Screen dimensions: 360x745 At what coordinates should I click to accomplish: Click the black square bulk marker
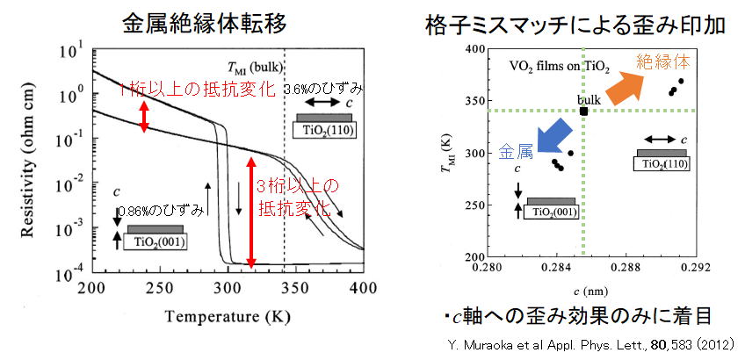[584, 111]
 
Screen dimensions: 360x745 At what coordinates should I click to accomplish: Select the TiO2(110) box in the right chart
[661, 162]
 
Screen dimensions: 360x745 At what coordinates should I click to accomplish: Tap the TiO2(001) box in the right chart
[551, 211]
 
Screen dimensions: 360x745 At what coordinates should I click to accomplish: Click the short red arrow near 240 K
[144, 115]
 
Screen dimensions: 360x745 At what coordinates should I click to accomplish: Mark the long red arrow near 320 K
[251, 212]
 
